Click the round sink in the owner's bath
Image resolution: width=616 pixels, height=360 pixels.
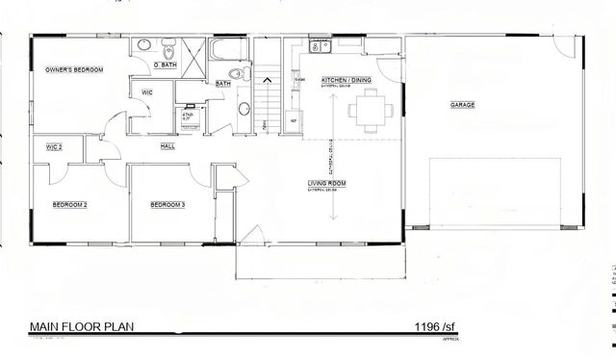pyautogui.click(x=144, y=44)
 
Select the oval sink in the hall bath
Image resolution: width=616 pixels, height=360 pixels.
pyautogui.click(x=243, y=109)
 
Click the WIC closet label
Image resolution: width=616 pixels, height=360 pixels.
pyautogui.click(x=147, y=92)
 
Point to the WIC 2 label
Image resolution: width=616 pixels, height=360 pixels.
pyautogui.click(x=54, y=146)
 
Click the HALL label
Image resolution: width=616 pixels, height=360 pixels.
pyautogui.click(x=167, y=147)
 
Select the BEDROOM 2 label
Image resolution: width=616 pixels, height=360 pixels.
pyautogui.click(x=69, y=204)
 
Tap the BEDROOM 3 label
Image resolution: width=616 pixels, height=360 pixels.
pyautogui.click(x=167, y=204)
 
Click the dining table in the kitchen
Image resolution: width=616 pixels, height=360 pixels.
pyautogui.click(x=370, y=108)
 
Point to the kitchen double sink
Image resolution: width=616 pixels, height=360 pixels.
pyautogui.click(x=316, y=46)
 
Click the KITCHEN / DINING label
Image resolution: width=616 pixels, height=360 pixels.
pyautogui.click(x=344, y=81)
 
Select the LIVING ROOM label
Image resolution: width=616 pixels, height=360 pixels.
pyautogui.click(x=327, y=182)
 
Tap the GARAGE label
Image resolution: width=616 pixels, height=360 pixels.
pyautogui.click(x=462, y=104)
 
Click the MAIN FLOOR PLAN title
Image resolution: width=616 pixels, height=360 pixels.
pyautogui.click(x=81, y=325)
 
